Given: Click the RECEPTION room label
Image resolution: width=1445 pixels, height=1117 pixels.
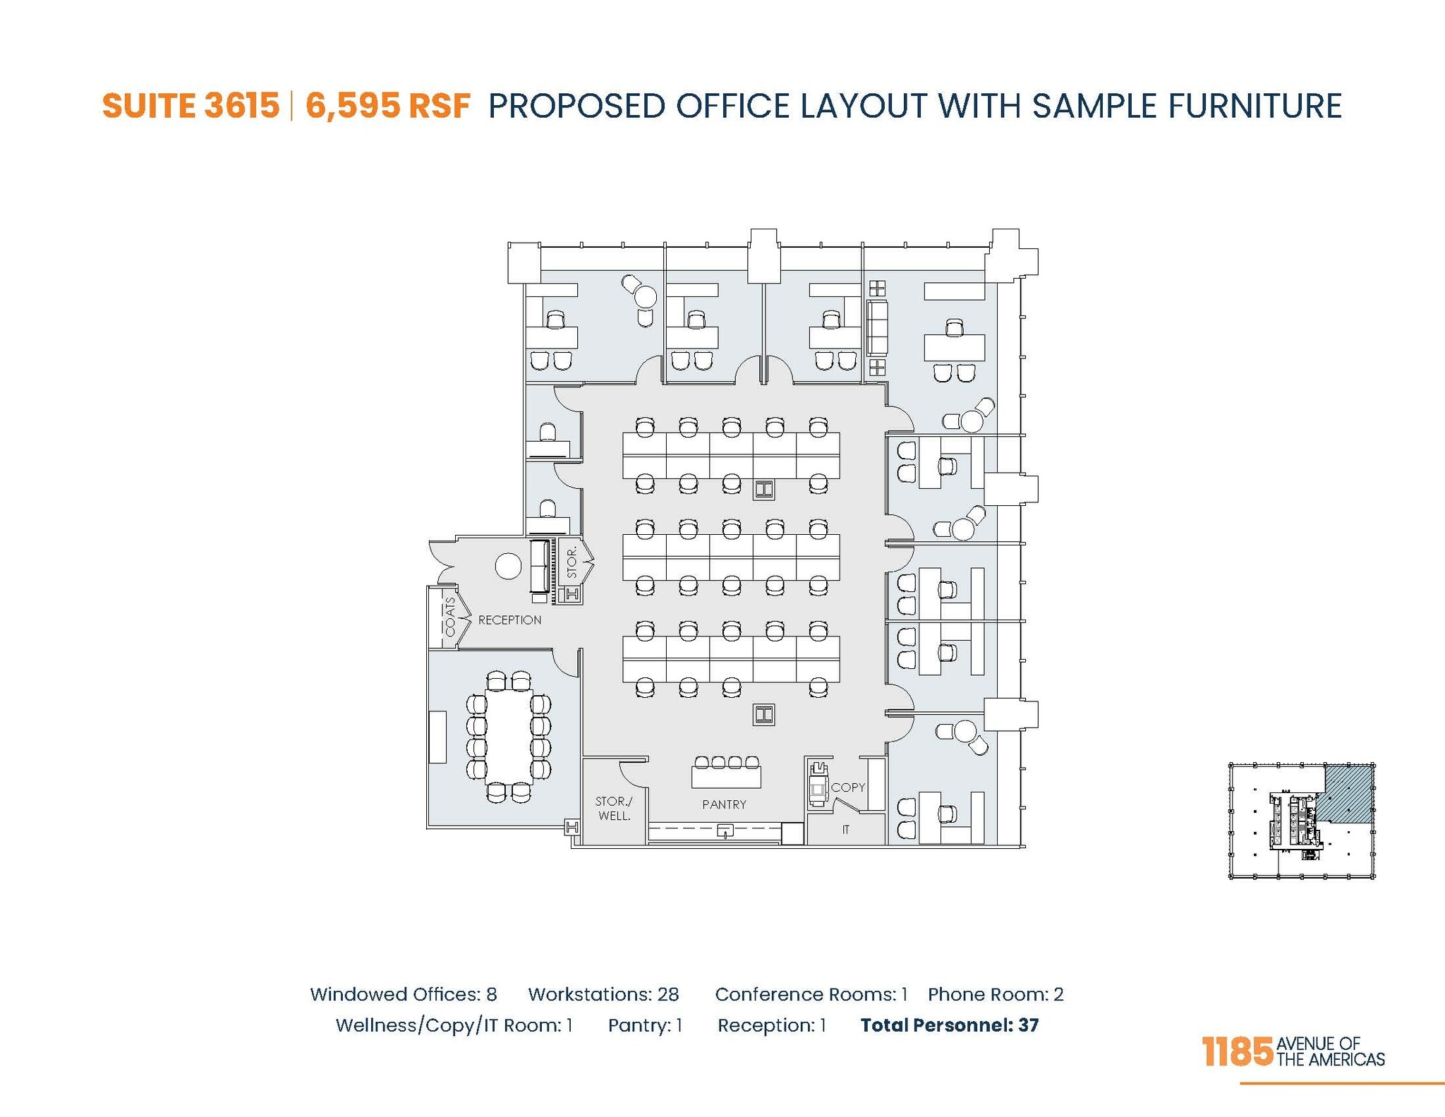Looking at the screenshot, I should (509, 620).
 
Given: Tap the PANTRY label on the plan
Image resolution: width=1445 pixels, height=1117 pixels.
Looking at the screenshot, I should (724, 804).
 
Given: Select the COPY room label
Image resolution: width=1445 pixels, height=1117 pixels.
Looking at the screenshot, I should (847, 787).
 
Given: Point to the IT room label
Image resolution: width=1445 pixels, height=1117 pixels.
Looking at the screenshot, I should (845, 830).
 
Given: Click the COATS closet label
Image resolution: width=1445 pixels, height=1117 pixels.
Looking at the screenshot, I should (450, 616).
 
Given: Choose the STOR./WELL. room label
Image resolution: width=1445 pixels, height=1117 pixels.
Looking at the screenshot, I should (614, 809).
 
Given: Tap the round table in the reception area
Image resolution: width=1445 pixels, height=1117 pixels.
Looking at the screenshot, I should (508, 566).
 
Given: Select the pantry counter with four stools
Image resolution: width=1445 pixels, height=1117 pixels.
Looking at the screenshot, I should (726, 777).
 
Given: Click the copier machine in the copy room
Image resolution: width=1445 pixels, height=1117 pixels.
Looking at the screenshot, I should (818, 784).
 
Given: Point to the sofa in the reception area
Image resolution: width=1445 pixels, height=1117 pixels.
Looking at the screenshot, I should (540, 568).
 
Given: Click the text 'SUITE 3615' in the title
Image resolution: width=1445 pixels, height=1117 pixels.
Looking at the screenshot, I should (191, 106).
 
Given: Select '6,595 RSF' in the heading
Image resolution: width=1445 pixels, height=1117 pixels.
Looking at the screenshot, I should (387, 106).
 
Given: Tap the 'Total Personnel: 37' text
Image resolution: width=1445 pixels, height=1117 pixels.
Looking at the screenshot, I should (949, 1025).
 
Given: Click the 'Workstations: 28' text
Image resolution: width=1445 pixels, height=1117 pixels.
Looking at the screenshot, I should (603, 994).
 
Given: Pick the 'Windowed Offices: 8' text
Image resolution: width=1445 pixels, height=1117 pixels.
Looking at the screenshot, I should (404, 994).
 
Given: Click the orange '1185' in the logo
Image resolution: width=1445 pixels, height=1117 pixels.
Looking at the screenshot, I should (1238, 1052).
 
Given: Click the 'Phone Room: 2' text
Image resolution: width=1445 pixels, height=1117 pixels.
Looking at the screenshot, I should (996, 994).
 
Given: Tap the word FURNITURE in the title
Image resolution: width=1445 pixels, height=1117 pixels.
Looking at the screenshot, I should (1254, 106).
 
